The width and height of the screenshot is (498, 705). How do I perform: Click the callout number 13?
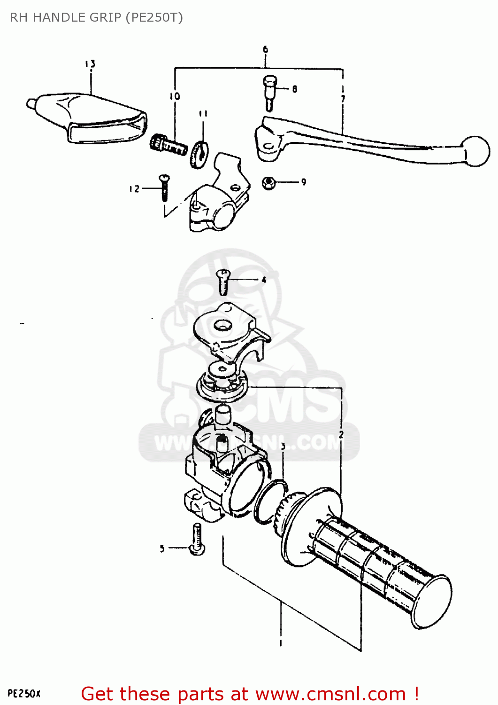[90, 63]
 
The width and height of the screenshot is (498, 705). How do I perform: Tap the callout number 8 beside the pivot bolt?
[294, 89]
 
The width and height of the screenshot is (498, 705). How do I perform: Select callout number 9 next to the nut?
[304, 182]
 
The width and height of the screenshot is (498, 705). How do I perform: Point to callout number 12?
[134, 188]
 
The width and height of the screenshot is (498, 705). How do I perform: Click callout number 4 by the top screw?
[264, 280]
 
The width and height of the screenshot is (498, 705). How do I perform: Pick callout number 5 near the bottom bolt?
[162, 548]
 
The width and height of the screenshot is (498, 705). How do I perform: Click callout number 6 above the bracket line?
[265, 49]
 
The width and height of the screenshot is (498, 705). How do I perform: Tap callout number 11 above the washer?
[203, 113]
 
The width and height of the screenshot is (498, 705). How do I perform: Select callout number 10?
[175, 96]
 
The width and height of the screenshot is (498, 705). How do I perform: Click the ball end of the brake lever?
[475, 151]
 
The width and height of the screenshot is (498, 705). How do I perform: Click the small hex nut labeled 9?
[268, 182]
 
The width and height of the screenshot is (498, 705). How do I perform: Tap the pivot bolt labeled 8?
[269, 92]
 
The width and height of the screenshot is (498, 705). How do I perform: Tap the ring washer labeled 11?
[199, 154]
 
